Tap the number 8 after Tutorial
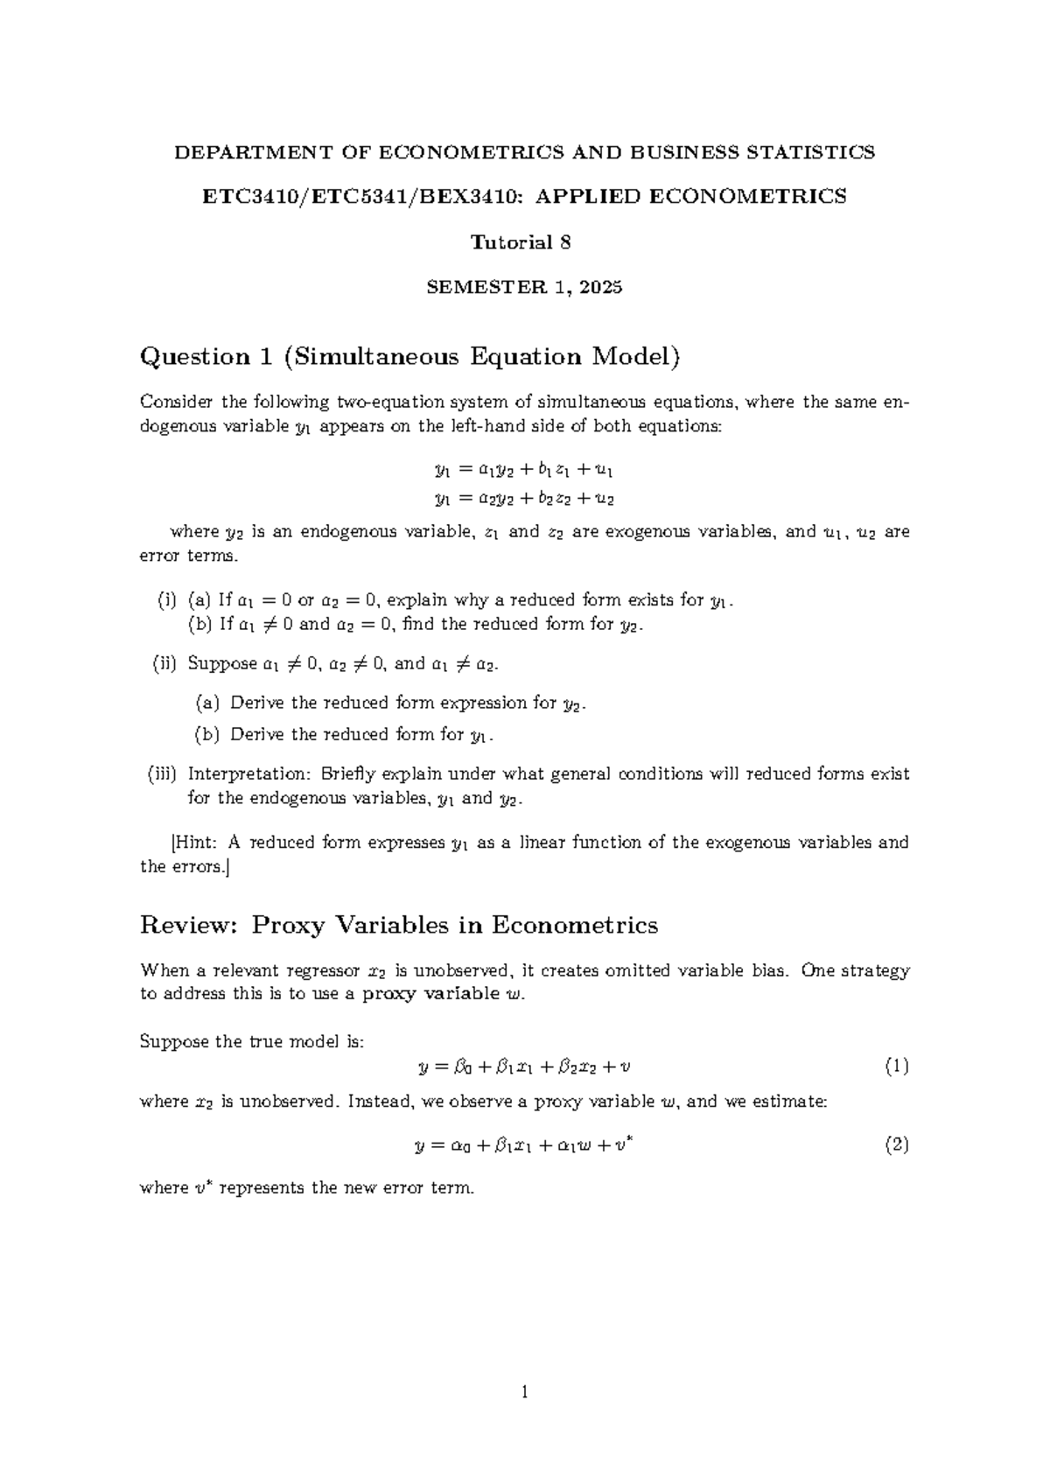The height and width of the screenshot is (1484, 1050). tap(565, 243)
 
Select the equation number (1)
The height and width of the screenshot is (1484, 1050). tap(896, 1067)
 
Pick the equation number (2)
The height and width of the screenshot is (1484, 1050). tap(896, 1144)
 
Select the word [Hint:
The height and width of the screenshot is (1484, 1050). tap(194, 843)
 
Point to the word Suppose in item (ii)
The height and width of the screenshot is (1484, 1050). tap(222, 664)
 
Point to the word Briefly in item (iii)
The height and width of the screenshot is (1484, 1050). tap(352, 774)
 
